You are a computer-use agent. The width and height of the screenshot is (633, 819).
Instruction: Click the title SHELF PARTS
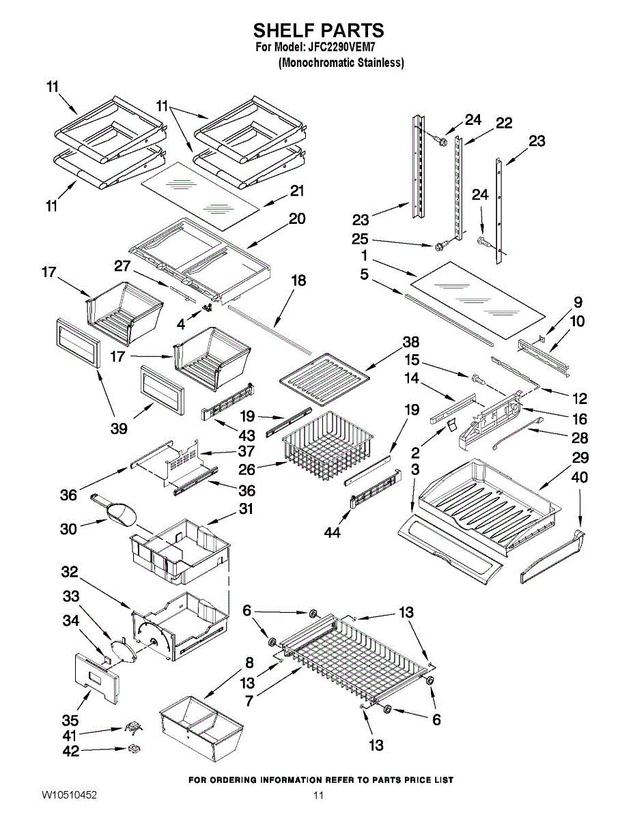tap(319, 30)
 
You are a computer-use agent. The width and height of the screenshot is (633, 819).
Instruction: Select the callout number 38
tap(410, 342)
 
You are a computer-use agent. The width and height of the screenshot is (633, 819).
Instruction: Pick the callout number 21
tap(297, 190)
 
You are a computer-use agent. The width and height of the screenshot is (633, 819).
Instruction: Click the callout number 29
tap(580, 457)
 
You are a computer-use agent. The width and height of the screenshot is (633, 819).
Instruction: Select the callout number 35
tap(70, 720)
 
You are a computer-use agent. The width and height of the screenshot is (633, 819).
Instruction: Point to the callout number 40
tap(580, 478)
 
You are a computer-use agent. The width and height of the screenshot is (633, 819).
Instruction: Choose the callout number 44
tap(332, 532)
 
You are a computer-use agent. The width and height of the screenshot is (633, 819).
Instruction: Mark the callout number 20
tap(297, 218)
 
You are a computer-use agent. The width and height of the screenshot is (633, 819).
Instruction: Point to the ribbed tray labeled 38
tap(324, 379)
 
